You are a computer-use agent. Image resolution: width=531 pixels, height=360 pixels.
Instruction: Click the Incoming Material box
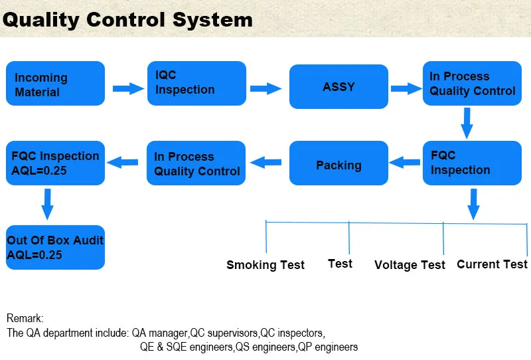pyautogui.click(x=56, y=84)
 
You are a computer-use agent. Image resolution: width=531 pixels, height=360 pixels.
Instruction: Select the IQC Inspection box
pyautogui.click(x=196, y=84)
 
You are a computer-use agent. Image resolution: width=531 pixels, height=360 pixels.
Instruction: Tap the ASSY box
pyautogui.click(x=339, y=86)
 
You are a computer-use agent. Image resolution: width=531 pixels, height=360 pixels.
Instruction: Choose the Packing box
pyautogui.click(x=339, y=163)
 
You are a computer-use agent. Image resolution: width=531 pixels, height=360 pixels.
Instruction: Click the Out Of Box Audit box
pyautogui.click(x=56, y=248)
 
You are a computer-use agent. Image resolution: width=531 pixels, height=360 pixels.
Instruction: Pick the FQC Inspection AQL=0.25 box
pyautogui.click(x=56, y=163)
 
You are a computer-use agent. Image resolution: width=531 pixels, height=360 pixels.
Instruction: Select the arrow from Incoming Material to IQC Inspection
pyautogui.click(x=128, y=88)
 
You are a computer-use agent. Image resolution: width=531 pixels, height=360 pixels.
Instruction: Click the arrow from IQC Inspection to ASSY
pyautogui.click(x=266, y=88)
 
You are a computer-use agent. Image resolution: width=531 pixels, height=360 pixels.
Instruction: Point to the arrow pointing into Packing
pyautogui.click(x=405, y=162)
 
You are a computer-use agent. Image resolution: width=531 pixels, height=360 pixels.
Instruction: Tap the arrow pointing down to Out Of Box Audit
pyautogui.click(x=47, y=205)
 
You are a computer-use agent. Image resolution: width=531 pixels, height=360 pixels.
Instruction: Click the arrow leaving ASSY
pyautogui.click(x=406, y=88)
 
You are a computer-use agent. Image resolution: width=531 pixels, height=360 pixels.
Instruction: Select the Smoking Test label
pyautogui.click(x=265, y=265)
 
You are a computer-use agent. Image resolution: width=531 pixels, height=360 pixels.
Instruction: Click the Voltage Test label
pyautogui.click(x=410, y=265)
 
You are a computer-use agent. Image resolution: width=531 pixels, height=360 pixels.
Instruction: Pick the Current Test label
pyautogui.click(x=492, y=264)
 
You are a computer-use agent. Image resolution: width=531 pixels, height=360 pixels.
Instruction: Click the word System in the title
pyautogui.click(x=212, y=20)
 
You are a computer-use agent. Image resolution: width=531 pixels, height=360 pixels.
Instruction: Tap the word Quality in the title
pyautogui.click(x=41, y=21)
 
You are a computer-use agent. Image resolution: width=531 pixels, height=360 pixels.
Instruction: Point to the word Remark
pyautogui.click(x=25, y=318)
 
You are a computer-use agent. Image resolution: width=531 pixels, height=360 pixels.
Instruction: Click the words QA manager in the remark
pyautogui.click(x=160, y=333)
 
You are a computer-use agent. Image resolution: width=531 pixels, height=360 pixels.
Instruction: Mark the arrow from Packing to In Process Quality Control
pyautogui.click(x=266, y=162)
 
